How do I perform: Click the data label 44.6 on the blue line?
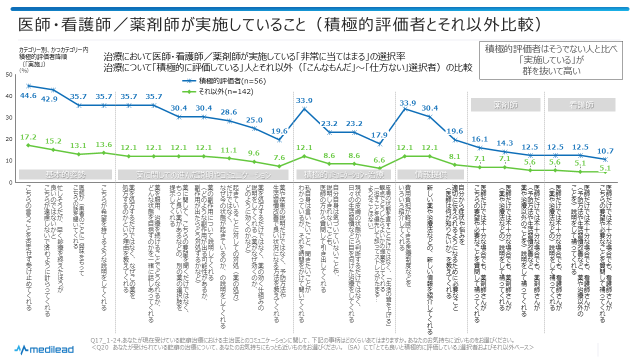coord(28,96)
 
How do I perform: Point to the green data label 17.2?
coord(28,136)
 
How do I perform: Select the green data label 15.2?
coord(53,141)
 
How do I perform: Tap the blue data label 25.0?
coord(254,120)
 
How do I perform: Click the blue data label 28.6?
coord(229,112)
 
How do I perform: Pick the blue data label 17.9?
coord(380,135)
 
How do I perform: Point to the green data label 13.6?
coord(103,144)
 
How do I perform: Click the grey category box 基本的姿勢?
coord(65,175)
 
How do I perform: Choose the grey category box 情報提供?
coord(431,175)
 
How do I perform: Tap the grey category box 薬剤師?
coord(505,105)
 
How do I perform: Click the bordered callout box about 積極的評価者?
coord(550,60)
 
